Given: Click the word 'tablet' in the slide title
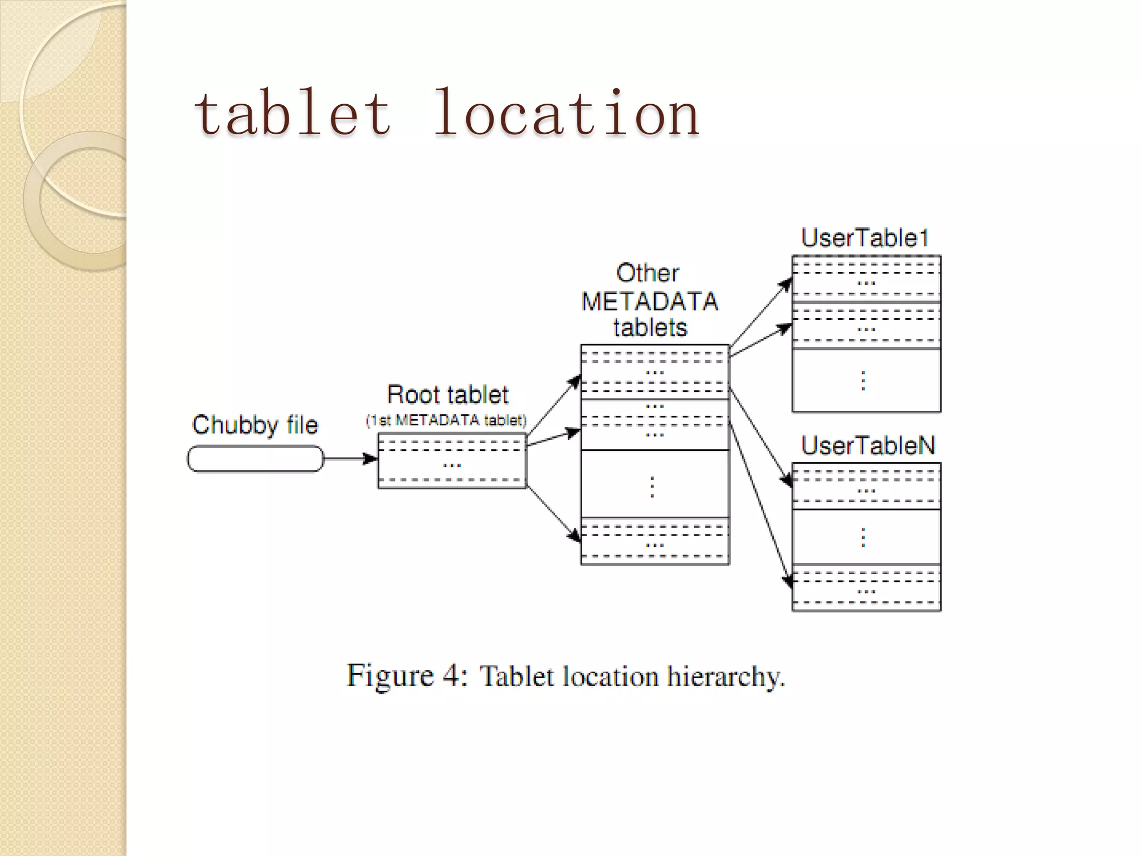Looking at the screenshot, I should click(x=292, y=114).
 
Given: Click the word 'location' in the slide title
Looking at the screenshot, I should click(x=565, y=114).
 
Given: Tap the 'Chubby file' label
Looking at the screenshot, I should click(x=255, y=425).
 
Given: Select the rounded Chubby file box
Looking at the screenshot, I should click(x=255, y=459).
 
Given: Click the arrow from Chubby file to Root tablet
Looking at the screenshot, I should click(x=350, y=459).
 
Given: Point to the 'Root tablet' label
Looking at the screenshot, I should click(x=447, y=395).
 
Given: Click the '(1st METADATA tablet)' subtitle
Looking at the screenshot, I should click(x=446, y=420).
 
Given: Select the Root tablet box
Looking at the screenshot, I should click(x=452, y=461).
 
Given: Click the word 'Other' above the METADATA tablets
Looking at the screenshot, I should click(x=647, y=273).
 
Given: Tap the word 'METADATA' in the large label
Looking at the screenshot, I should click(x=650, y=301).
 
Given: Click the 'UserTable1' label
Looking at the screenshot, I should click(x=865, y=238).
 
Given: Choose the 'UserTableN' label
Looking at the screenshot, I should click(x=867, y=446).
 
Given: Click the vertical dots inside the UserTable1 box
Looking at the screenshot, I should click(x=864, y=381).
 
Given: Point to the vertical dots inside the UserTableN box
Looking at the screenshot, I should click(x=864, y=537).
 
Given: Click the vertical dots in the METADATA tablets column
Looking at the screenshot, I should click(x=652, y=487).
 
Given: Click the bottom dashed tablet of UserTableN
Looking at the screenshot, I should click(x=866, y=588).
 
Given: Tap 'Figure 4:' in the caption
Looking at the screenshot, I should click(x=407, y=676).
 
